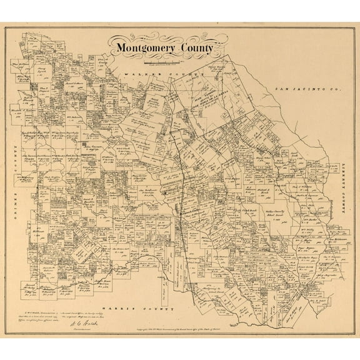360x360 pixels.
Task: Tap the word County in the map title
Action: coord(195,48)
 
